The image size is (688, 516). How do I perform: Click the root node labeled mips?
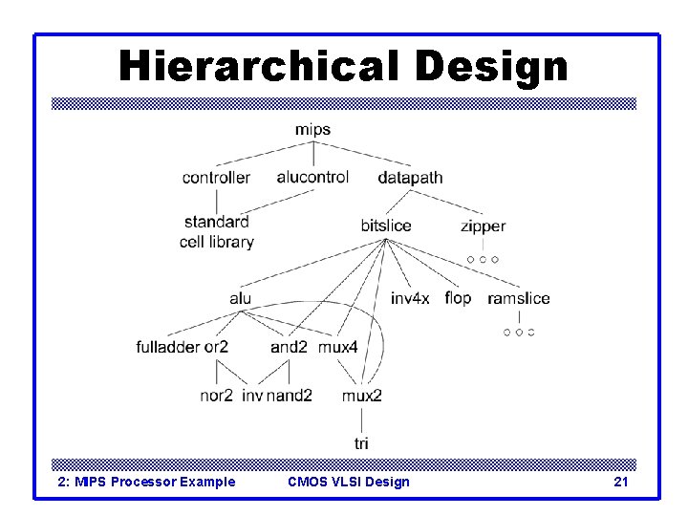tap(312, 129)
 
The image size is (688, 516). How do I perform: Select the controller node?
tap(216, 177)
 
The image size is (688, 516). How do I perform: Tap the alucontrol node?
tap(312, 177)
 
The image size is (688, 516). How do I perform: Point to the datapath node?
tap(410, 178)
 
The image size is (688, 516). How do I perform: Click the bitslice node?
tap(386, 226)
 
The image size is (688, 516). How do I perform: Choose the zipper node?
tap(483, 226)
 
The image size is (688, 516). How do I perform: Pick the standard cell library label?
tap(217, 232)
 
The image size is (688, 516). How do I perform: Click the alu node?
tap(241, 298)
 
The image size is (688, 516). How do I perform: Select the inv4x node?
tap(410, 298)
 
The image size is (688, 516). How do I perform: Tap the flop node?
tap(458, 298)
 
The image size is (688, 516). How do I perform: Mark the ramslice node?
tap(519, 298)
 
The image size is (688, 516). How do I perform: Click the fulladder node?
tap(169, 347)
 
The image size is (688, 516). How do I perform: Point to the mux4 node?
tap(337, 347)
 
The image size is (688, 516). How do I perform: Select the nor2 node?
tap(217, 396)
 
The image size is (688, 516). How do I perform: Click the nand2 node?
tap(290, 396)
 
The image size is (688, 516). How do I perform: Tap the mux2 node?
tap(362, 396)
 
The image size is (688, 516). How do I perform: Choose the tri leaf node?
tap(361, 443)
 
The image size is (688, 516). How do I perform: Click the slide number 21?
tap(621, 482)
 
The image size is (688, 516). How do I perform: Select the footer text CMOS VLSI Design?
tap(349, 482)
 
